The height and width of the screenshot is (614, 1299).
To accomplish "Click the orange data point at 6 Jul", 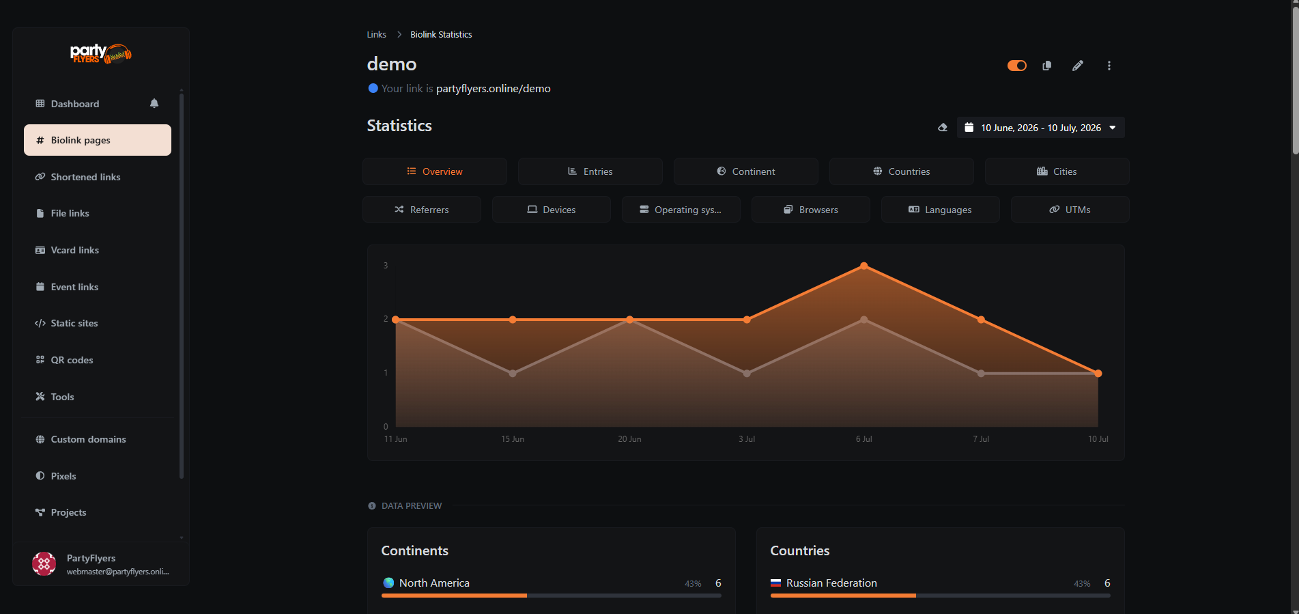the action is coord(864,266).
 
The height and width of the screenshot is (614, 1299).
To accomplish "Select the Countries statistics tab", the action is coord(901,171).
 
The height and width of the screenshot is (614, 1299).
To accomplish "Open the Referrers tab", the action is coord(422,210).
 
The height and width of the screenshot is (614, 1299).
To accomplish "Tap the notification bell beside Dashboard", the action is coord(154,103).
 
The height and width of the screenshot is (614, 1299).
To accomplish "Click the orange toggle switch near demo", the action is coord(1017,66).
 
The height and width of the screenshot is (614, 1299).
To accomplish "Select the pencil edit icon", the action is coord(1078,66).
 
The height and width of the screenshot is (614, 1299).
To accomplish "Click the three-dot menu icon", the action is coord(1109,66).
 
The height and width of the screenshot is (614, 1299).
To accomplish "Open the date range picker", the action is coord(1040,128).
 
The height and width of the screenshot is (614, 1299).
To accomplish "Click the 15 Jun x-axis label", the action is coord(513,439).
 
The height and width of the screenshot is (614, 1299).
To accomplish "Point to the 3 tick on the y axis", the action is coord(386,266).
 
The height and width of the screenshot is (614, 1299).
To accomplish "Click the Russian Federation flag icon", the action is coord(775,583).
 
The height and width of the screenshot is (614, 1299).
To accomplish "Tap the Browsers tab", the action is coord(811,210).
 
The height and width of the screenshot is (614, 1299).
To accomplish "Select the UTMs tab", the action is coord(1070,210).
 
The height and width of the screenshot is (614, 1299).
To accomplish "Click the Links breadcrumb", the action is coord(376,35).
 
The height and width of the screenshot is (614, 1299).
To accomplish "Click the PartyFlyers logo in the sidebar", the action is coord(101,53).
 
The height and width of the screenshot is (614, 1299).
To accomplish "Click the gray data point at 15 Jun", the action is coord(513,374).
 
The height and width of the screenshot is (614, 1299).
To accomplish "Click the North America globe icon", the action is coord(388,583).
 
